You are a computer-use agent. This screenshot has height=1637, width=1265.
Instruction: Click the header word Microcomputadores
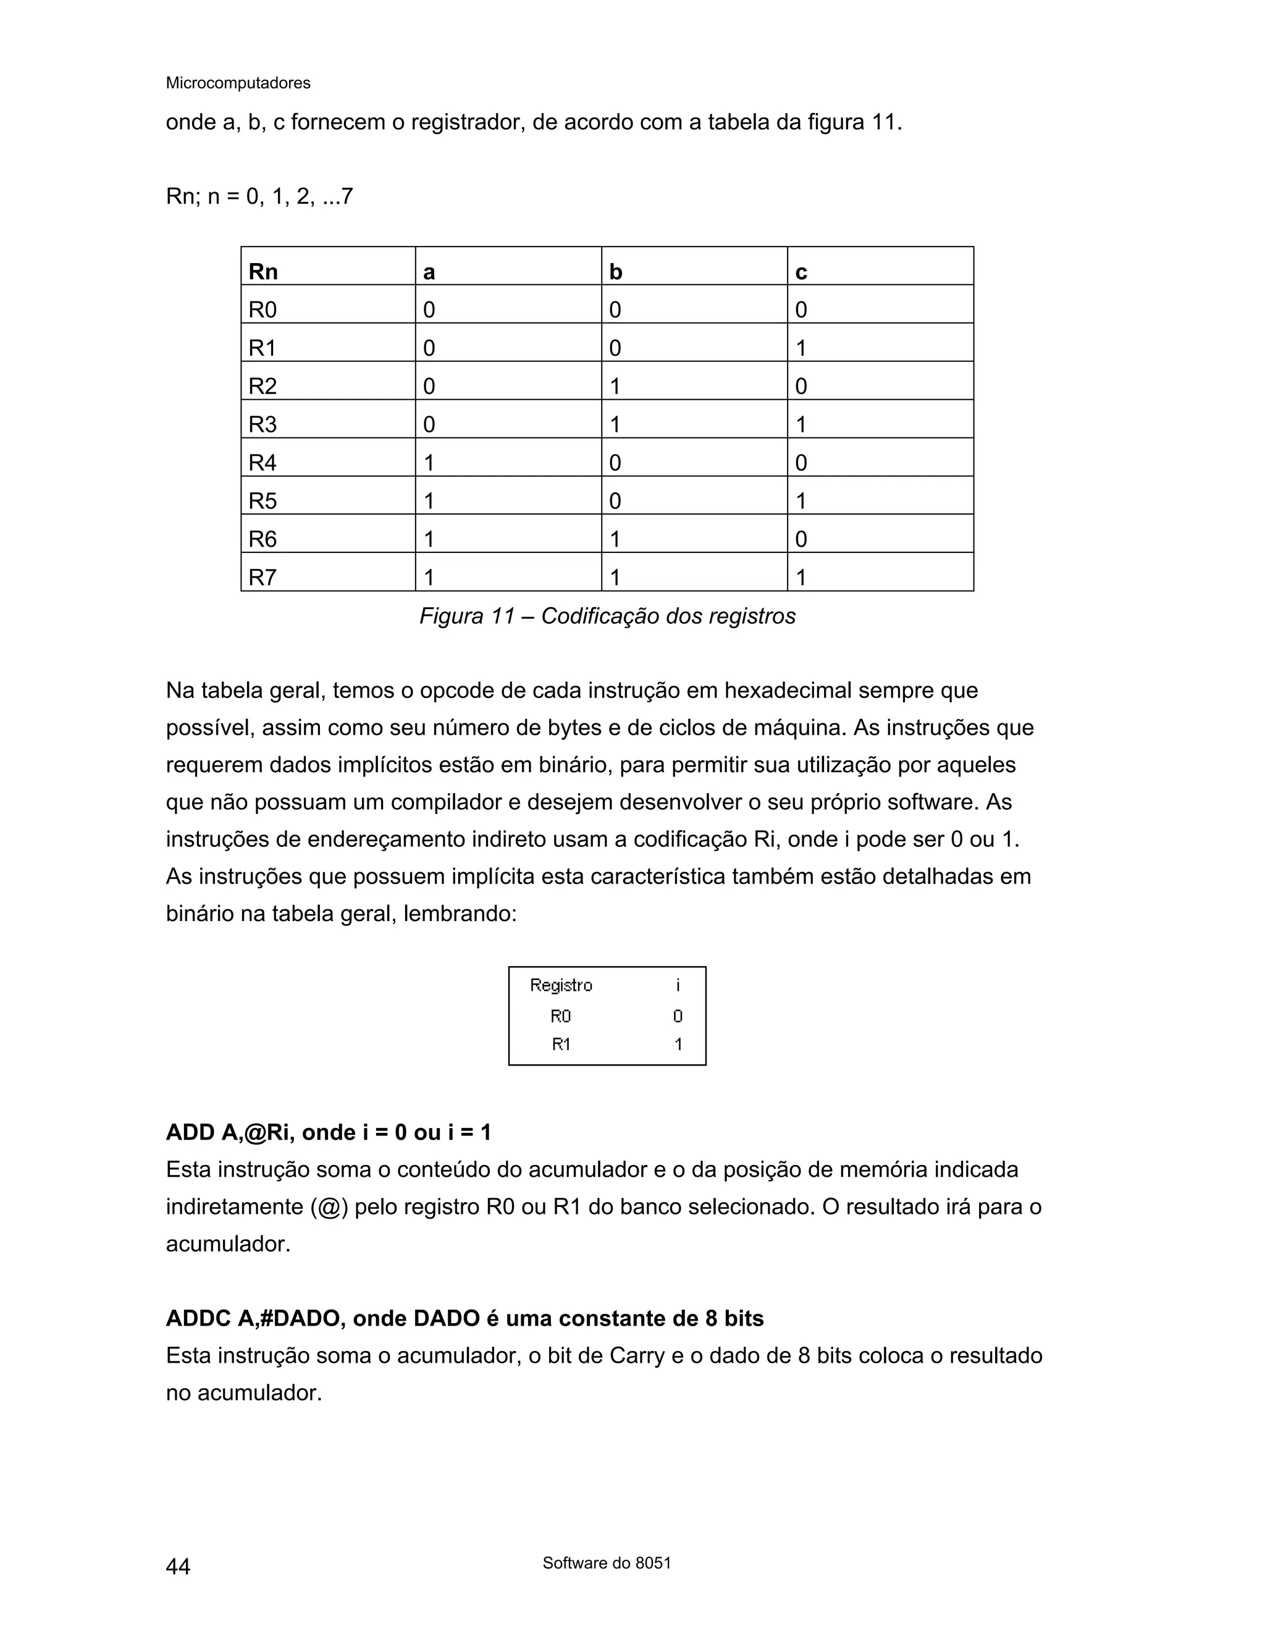tap(238, 83)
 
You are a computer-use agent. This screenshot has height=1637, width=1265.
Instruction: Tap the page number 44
tap(178, 1567)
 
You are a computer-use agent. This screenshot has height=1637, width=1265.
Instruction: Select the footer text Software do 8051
tap(607, 1563)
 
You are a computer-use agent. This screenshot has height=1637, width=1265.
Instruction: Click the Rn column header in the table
tap(263, 271)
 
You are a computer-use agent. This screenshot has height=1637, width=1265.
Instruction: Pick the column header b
tap(615, 271)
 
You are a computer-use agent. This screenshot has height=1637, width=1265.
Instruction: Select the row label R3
tap(263, 424)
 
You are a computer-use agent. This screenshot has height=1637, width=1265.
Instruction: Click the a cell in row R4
tap(429, 463)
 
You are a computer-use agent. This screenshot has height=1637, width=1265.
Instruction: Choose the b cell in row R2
tap(615, 386)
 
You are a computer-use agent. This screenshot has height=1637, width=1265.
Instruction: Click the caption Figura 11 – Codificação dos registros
tap(607, 616)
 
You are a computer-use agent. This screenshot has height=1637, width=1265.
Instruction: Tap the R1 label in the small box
tap(561, 1044)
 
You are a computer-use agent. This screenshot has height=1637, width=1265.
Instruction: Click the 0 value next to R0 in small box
tap(678, 1016)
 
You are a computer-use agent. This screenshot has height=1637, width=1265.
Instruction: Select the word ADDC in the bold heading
tap(198, 1318)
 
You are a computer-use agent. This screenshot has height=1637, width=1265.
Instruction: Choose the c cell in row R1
tap(801, 348)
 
